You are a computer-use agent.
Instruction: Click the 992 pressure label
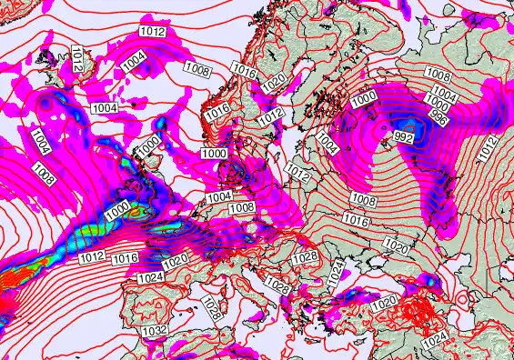click(403, 138)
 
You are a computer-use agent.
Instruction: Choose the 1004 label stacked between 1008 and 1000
click(445, 93)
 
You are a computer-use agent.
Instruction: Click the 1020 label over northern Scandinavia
click(273, 83)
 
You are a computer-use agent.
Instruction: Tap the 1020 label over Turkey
click(386, 301)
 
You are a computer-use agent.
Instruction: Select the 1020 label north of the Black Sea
click(397, 245)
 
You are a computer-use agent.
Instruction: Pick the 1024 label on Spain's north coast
click(152, 275)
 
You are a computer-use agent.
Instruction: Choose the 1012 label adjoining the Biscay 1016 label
click(91, 257)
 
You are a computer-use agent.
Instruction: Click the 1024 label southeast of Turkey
click(437, 338)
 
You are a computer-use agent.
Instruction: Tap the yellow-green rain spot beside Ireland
click(138, 212)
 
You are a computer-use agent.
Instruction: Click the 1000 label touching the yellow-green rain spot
click(116, 210)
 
